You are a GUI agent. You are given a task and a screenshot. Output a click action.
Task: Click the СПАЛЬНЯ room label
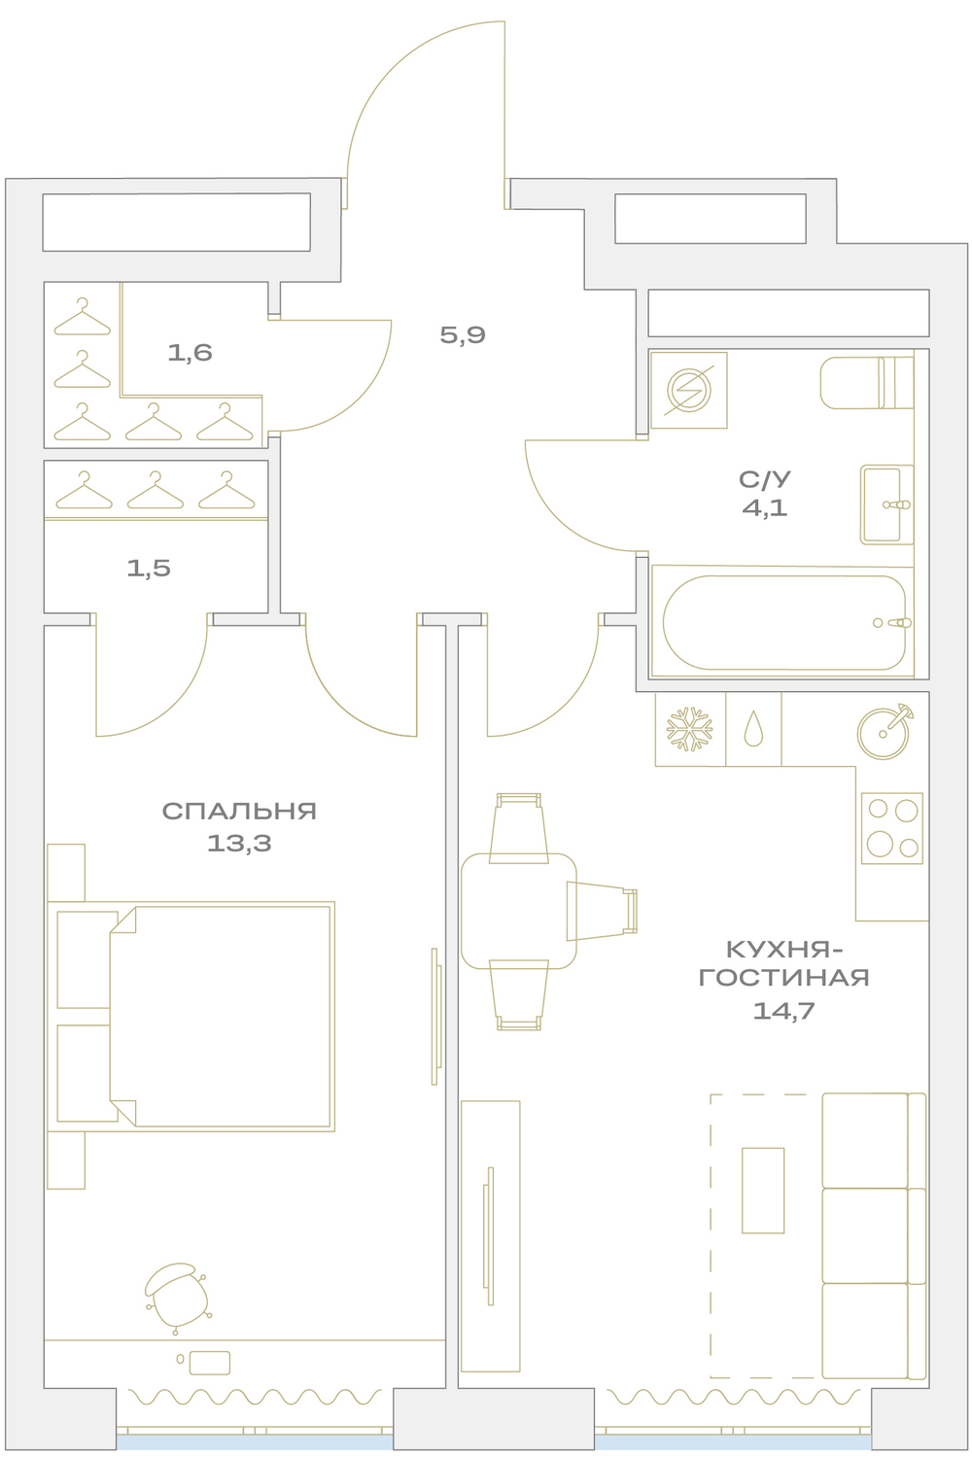tap(239, 811)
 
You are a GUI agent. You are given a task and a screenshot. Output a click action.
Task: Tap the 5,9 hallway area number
tap(463, 335)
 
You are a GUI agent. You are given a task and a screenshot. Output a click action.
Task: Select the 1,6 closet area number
tap(190, 353)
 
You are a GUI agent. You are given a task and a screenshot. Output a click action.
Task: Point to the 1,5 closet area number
tap(149, 568)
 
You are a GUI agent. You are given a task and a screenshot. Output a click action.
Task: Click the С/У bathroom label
tap(764, 479)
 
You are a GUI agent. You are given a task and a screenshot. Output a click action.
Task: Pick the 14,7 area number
tap(783, 1010)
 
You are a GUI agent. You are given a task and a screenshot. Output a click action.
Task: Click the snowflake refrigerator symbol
tap(690, 729)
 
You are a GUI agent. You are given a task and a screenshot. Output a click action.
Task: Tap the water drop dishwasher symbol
tap(753, 729)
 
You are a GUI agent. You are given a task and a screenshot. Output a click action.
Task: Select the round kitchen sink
tap(883, 733)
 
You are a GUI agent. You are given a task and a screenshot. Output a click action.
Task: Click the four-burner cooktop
tap(892, 828)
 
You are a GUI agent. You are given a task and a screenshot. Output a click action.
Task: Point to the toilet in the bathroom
tap(867, 382)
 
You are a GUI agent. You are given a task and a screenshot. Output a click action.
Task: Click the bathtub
tap(783, 622)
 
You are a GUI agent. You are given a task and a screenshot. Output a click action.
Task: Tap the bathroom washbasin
tap(886, 504)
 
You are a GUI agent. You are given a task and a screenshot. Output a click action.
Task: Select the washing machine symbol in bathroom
tap(689, 391)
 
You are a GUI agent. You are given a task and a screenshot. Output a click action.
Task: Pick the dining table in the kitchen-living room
tap(518, 911)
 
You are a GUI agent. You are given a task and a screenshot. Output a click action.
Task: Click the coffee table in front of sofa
tap(763, 1191)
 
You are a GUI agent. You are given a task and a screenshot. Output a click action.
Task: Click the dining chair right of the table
tap(602, 911)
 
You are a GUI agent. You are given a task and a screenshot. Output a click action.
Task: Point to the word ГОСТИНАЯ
tap(783, 978)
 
